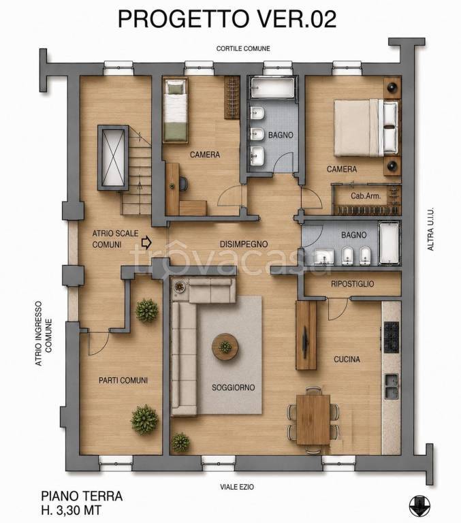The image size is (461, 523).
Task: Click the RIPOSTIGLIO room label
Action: (352, 284)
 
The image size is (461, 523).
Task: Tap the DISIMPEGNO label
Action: (244, 244)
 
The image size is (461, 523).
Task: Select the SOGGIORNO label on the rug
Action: (233, 387)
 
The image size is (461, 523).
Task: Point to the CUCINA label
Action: (347, 360)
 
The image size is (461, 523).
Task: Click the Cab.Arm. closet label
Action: (366, 196)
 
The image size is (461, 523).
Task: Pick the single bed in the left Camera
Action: (175, 110)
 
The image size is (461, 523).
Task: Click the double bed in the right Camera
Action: (366, 127)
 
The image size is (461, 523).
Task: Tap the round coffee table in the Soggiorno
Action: (225, 347)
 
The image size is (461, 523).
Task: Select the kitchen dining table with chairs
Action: (313, 419)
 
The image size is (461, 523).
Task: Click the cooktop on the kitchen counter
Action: (392, 337)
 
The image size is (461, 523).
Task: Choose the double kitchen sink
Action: (392, 387)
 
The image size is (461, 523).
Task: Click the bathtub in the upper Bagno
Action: (272, 87)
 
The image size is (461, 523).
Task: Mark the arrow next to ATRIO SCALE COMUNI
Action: (146, 242)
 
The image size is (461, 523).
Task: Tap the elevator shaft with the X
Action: (113, 158)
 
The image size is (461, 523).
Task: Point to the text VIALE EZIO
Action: (237, 487)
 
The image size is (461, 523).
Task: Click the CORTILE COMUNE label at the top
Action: (243, 48)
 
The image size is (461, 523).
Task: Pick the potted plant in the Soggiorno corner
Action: (180, 442)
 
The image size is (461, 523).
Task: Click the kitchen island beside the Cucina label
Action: (306, 335)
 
